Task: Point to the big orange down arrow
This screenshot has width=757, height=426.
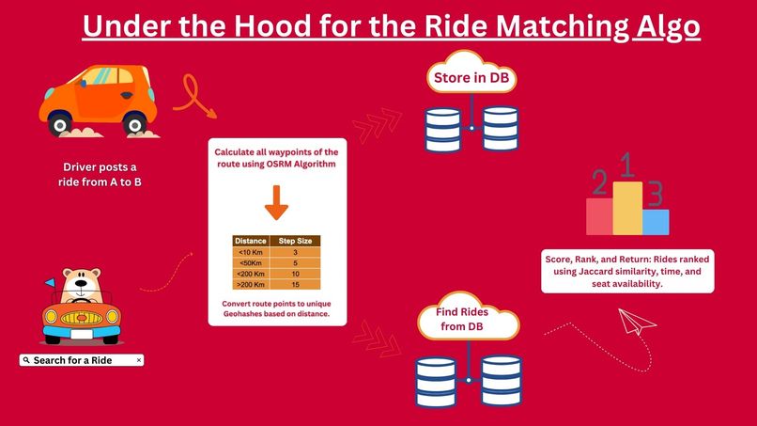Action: point(277,201)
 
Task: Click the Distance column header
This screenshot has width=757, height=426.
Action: point(250,241)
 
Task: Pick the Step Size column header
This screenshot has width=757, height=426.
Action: point(295,241)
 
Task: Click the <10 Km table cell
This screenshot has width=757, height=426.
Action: point(250,252)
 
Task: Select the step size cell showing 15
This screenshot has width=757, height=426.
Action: point(295,284)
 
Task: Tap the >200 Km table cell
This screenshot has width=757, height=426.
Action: point(250,284)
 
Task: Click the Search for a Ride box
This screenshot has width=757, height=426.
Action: point(80,360)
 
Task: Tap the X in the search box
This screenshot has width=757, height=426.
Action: point(139,360)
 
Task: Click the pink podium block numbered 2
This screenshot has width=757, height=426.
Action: point(599,216)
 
